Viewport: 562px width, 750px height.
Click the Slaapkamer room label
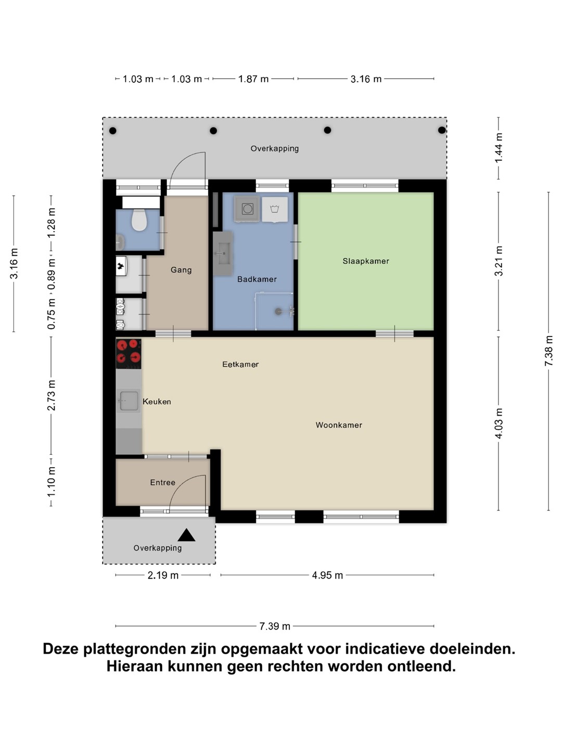[365, 261]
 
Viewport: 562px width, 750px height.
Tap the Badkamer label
[257, 279]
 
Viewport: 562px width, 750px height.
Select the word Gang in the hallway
[181, 270]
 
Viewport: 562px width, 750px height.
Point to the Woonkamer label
[338, 425]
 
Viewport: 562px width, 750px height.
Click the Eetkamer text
[240, 364]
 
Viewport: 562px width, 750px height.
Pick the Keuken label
[157, 402]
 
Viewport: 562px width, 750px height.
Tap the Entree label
[162, 482]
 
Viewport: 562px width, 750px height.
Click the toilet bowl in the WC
[139, 220]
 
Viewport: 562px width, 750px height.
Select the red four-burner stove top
[129, 353]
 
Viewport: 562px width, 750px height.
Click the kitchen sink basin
[129, 401]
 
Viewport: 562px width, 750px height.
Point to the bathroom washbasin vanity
[223, 254]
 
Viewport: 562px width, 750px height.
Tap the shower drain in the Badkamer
[278, 311]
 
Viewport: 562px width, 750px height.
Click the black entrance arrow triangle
[186, 535]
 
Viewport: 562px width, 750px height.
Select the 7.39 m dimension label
[274, 627]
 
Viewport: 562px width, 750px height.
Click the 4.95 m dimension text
[327, 576]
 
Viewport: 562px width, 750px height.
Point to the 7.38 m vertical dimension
[548, 351]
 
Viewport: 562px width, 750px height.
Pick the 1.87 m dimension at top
[253, 79]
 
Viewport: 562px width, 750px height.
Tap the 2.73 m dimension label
[51, 395]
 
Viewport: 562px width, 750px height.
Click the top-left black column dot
[112, 131]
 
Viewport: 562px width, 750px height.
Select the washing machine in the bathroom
[247, 208]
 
